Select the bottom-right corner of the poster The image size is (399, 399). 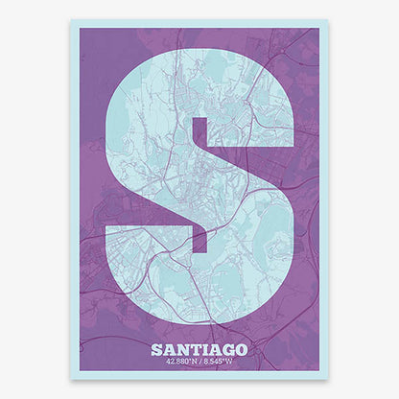(328, 379)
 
